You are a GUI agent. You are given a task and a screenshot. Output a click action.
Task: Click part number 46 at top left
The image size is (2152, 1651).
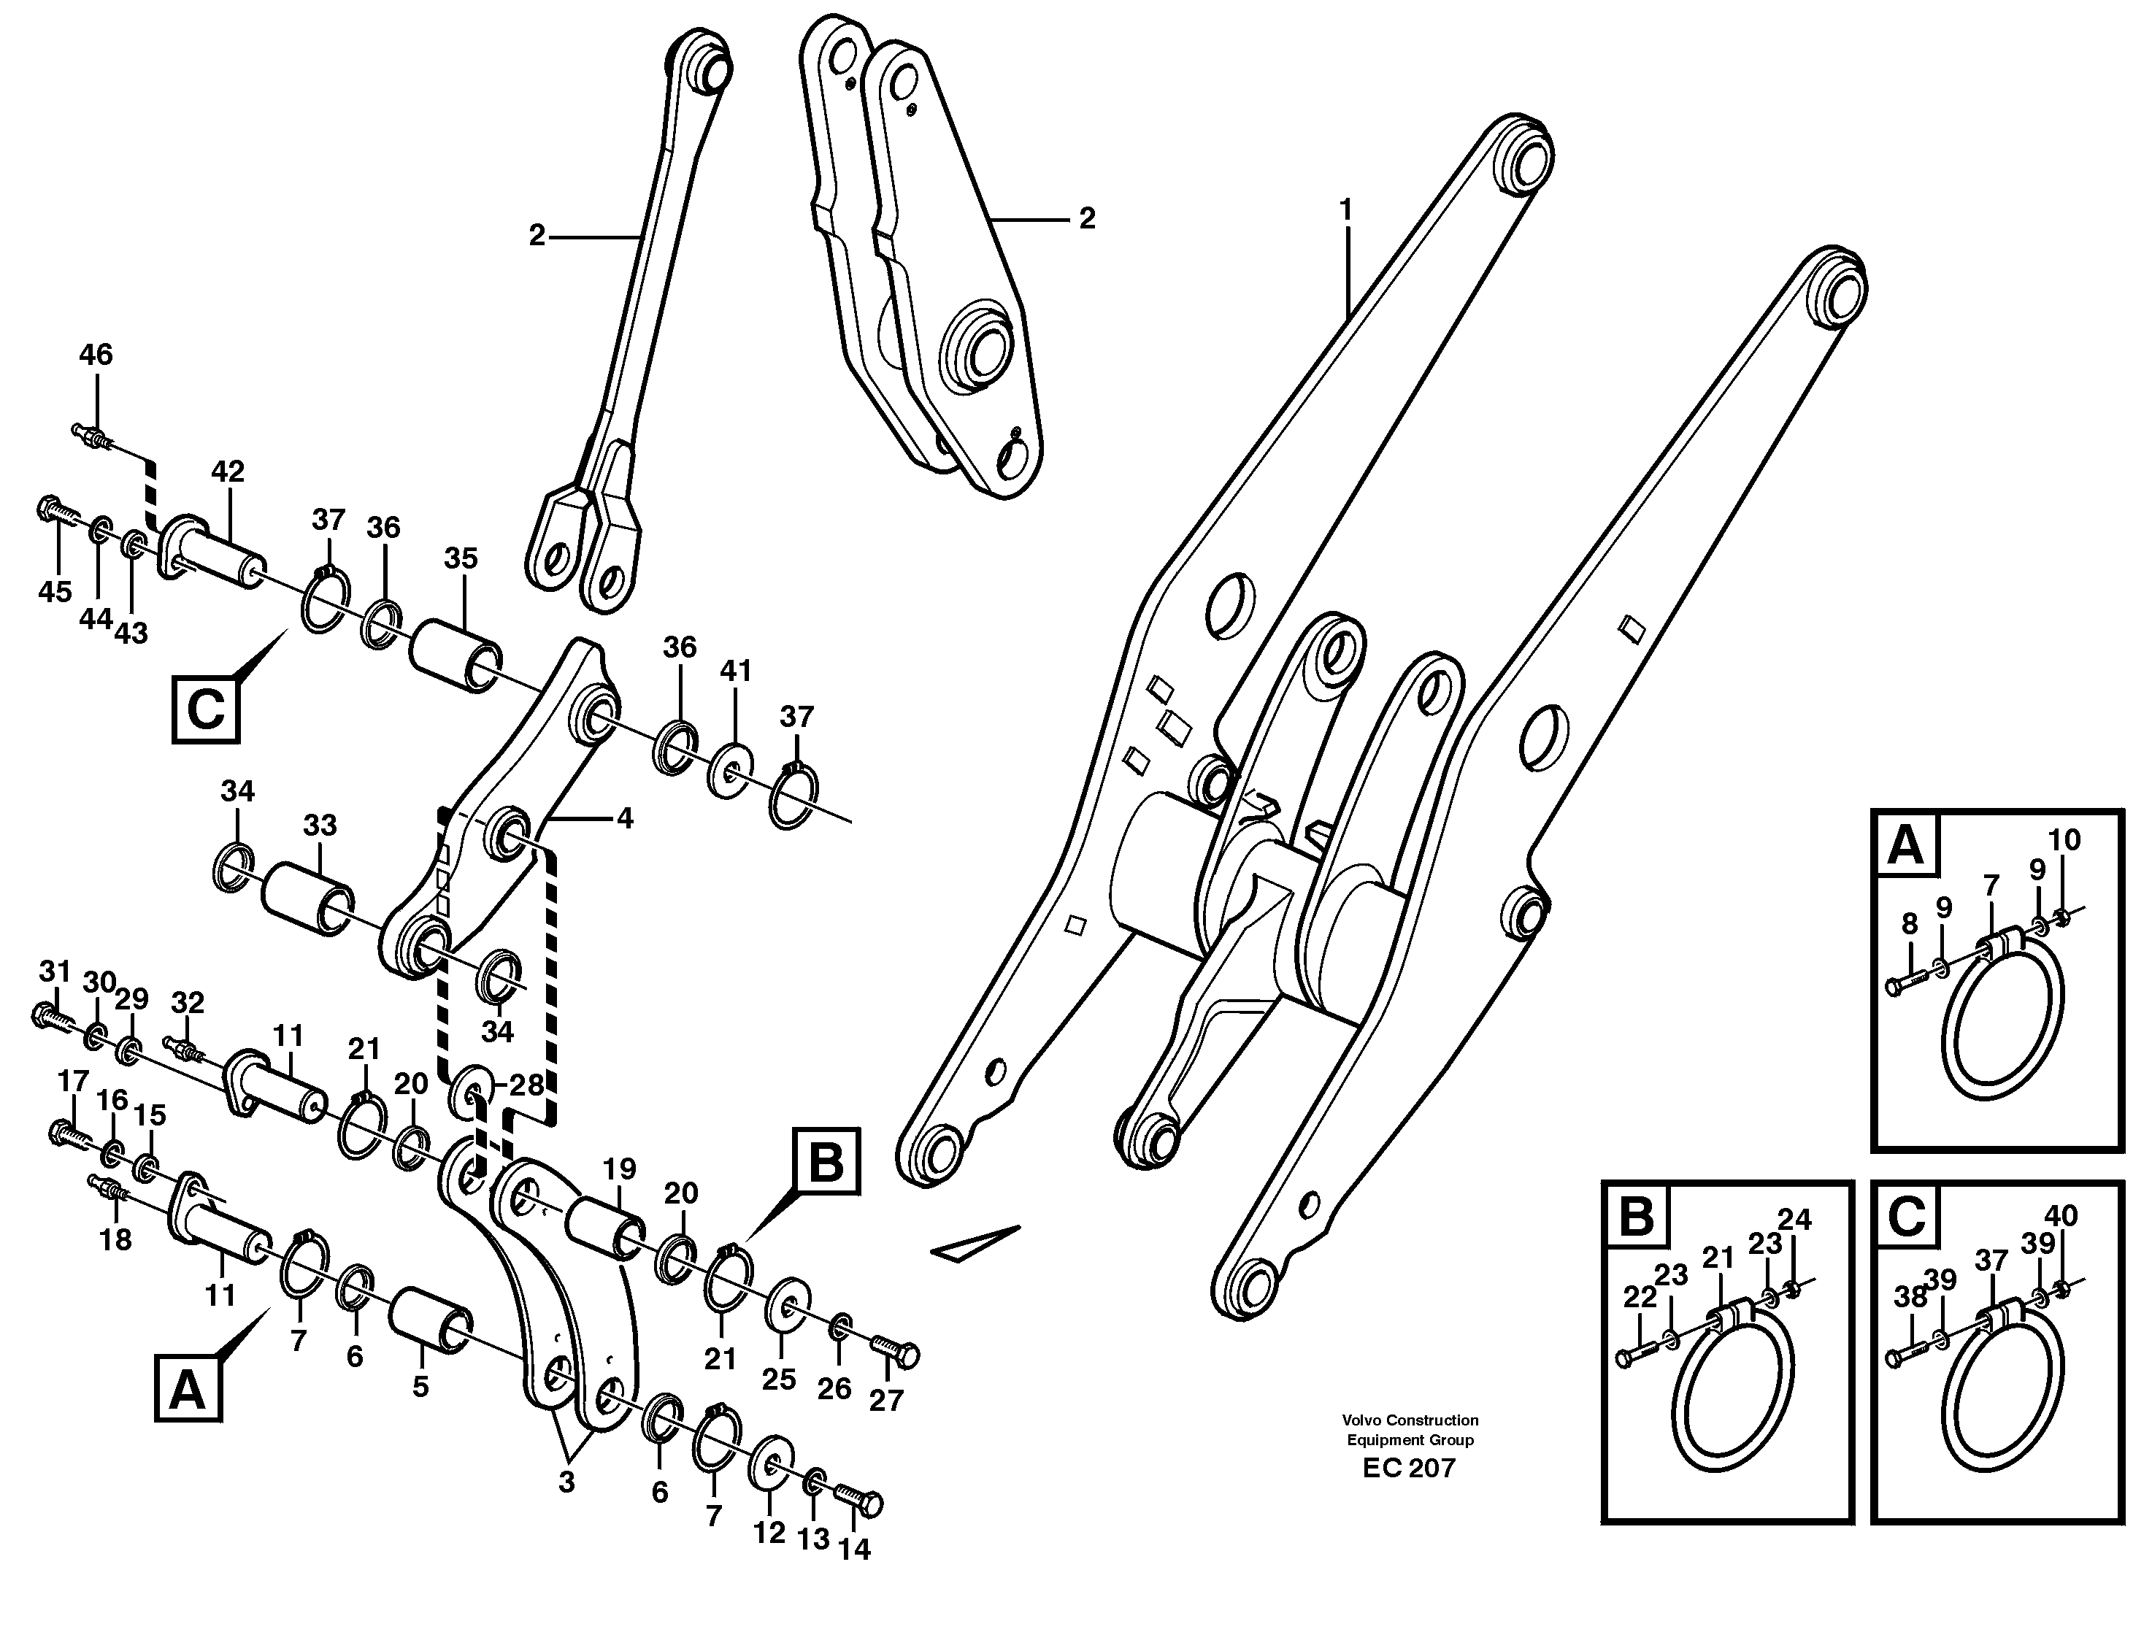96,355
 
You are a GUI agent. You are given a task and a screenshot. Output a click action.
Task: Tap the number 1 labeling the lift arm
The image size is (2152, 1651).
1345,209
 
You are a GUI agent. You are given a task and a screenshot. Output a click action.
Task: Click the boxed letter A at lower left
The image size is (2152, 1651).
187,1390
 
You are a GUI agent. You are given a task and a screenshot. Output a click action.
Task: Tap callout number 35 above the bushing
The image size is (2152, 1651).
460,559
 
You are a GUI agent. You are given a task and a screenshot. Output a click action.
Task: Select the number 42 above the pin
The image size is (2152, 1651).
227,472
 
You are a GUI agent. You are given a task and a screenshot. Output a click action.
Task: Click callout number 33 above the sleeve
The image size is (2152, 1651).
319,826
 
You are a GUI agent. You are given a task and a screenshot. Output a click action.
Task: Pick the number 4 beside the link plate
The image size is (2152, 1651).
625,817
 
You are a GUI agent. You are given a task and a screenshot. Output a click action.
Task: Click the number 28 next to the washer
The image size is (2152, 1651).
527,1086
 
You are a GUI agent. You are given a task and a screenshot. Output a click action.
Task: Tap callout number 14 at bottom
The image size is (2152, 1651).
854,1550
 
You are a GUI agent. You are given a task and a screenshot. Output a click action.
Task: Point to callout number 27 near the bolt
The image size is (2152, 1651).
885,1401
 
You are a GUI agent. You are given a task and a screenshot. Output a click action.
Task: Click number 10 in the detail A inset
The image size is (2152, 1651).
2064,840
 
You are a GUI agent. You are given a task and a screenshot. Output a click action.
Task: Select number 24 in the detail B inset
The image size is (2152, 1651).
1794,1220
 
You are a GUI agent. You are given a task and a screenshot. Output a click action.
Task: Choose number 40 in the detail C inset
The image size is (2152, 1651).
2061,1216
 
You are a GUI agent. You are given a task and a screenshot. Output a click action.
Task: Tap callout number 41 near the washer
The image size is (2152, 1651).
735,671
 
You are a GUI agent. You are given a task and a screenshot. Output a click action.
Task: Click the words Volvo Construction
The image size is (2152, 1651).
1410,1420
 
